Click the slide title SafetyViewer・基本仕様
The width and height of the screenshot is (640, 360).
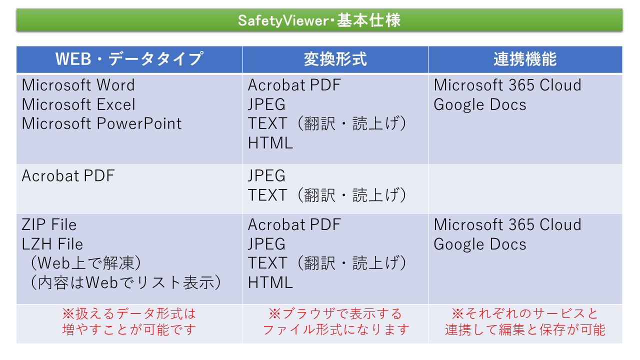[x=319, y=20]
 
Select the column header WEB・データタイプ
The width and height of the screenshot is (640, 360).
[x=129, y=59]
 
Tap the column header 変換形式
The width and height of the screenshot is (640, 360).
[x=335, y=59]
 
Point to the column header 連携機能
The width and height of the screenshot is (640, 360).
[x=525, y=59]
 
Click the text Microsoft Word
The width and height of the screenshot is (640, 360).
[x=78, y=85]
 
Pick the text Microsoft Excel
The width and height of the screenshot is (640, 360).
[x=78, y=104]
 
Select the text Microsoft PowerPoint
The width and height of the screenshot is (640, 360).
[x=101, y=123]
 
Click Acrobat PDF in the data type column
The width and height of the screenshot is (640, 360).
[x=68, y=175]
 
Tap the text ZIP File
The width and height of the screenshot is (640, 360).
[x=49, y=224]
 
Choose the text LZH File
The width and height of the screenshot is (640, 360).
[x=52, y=244]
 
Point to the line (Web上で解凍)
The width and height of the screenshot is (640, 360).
[x=85, y=263]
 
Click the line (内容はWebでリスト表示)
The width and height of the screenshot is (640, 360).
[x=125, y=282]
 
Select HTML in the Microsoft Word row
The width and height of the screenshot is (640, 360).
[x=270, y=143]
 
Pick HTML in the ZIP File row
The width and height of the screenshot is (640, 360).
[x=270, y=282]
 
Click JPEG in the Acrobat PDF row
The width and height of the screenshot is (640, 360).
[x=266, y=175]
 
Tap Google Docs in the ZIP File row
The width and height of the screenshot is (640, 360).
[x=480, y=244]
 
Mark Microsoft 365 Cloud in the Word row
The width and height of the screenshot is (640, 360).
[x=507, y=85]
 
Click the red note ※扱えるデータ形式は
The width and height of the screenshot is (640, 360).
[x=129, y=313]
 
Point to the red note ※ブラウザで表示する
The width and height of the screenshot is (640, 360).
[x=335, y=313]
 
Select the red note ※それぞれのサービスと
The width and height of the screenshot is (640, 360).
[x=525, y=313]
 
